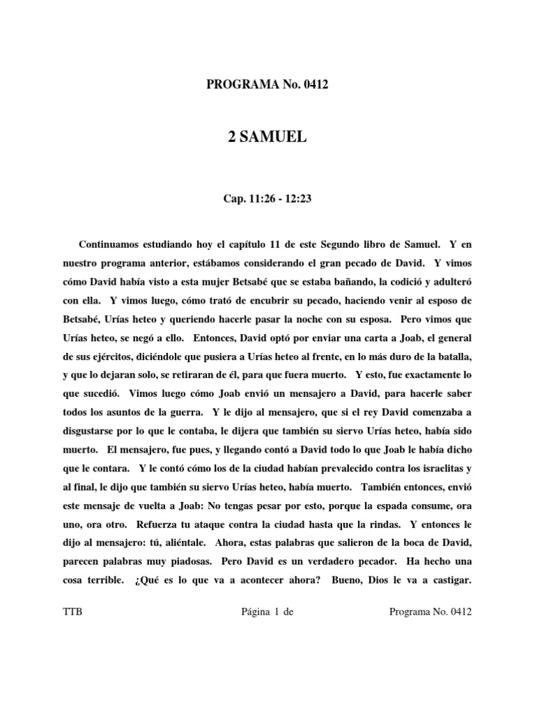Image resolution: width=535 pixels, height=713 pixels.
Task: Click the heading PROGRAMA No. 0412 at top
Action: pos(267,85)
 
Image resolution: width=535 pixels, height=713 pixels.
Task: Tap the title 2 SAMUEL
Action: pos(267,138)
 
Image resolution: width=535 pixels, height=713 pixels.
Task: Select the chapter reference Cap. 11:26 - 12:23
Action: pos(267,200)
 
